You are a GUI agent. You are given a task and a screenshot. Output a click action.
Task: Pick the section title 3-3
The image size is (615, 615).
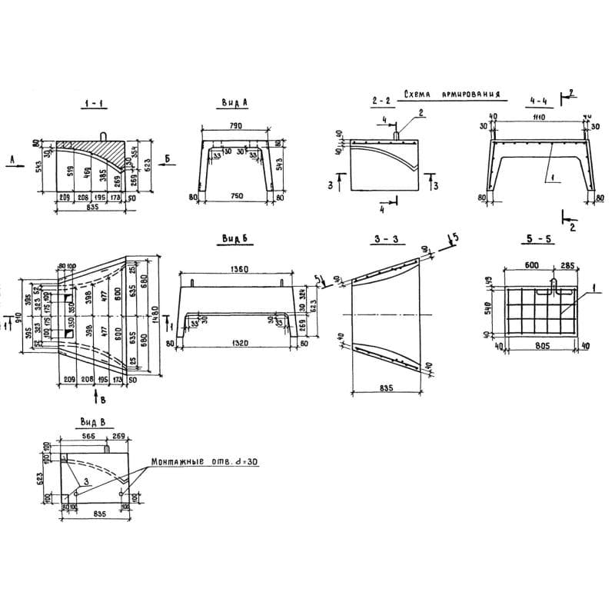pos(381,241)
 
